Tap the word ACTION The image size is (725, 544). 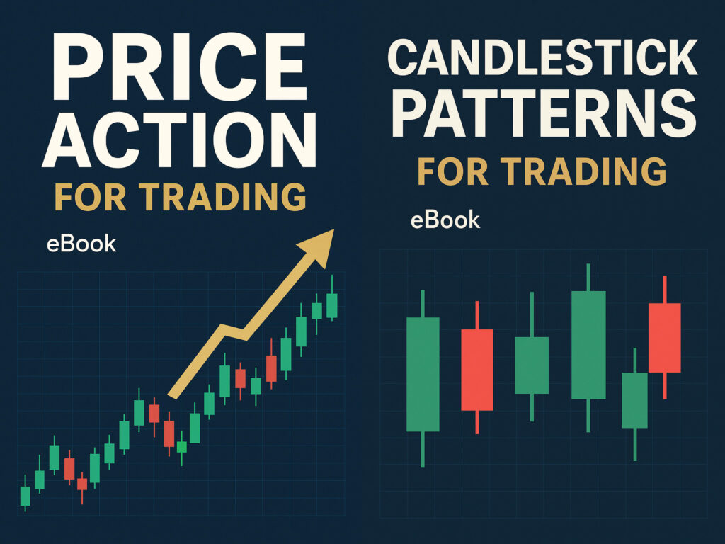tap(180, 140)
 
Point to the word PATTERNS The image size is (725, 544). tap(544, 114)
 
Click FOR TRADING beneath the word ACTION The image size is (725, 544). tap(181, 198)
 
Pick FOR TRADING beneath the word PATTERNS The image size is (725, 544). tap(542, 171)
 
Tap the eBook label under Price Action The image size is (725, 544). tap(81, 244)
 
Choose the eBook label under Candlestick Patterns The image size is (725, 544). tap(445, 220)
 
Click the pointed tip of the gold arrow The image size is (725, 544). tap(334, 229)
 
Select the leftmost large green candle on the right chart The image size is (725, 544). tap(423, 378)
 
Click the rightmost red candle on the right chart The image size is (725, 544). tap(664, 337)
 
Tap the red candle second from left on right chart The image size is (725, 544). tap(477, 368)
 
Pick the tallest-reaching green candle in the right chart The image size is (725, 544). tap(588, 348)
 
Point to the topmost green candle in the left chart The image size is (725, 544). tap(332, 298)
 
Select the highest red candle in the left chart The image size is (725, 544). tap(271, 364)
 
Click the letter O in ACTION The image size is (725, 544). tap(241, 140)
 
